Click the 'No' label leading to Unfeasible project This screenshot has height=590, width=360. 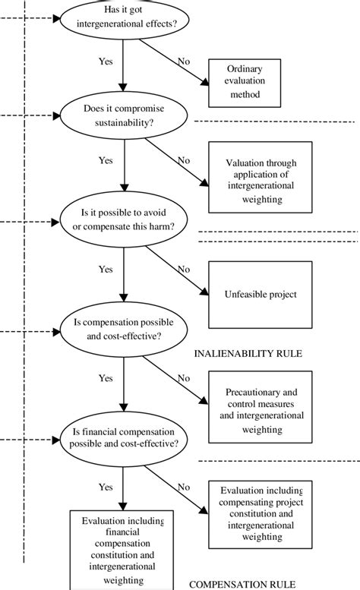click(x=183, y=268)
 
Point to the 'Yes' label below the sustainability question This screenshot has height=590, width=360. click(x=106, y=161)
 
